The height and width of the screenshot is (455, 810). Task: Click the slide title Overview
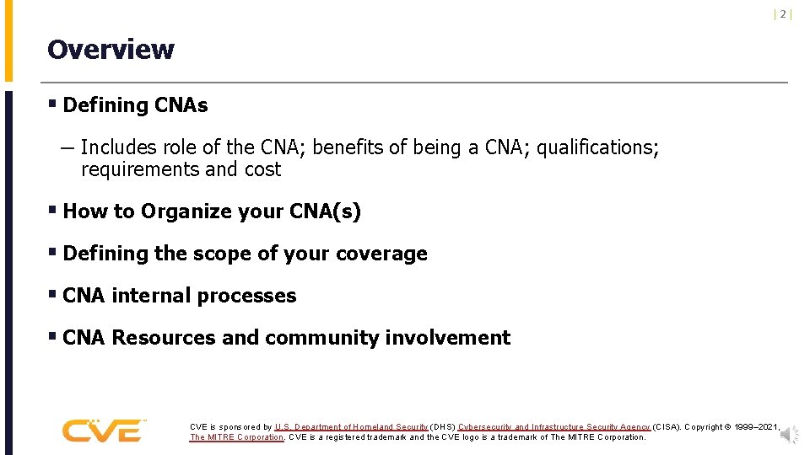pos(111,50)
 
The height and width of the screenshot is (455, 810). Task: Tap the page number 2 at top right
pos(783,14)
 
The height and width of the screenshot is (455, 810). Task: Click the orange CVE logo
pos(103,430)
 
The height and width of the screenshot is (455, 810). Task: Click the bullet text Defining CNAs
pos(135,105)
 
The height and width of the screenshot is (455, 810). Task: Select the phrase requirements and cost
pos(181,169)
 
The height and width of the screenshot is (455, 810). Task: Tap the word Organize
pos(184,211)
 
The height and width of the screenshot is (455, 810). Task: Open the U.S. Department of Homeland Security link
pos(351,427)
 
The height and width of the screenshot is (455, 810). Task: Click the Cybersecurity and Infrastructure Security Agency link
pos(553,427)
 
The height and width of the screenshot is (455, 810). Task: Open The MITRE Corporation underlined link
pos(236,437)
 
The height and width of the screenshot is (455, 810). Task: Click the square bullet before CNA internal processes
pos(53,295)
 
